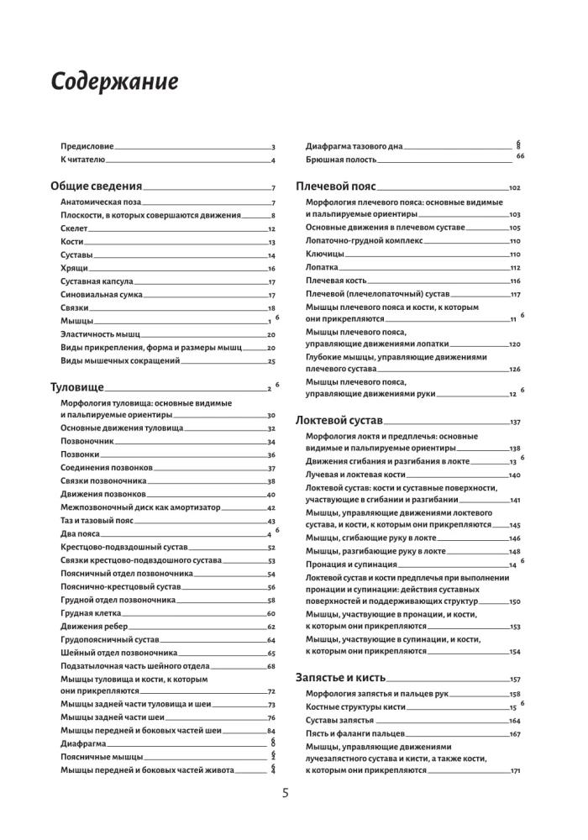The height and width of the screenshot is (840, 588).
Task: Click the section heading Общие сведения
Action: [97, 186]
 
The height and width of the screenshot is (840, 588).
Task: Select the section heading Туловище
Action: [77, 387]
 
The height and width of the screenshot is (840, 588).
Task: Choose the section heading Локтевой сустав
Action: [339, 419]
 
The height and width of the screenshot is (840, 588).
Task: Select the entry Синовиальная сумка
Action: [102, 295]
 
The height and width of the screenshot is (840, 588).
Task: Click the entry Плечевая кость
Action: [334, 281]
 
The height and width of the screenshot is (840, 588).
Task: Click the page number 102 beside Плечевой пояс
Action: [515, 188]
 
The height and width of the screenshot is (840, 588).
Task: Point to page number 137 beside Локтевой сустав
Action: [515, 421]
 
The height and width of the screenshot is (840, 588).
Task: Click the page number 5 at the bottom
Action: [286, 793]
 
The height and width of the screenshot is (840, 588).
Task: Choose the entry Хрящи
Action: [75, 268]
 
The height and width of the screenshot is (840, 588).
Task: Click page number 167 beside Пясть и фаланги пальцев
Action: [515, 734]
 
